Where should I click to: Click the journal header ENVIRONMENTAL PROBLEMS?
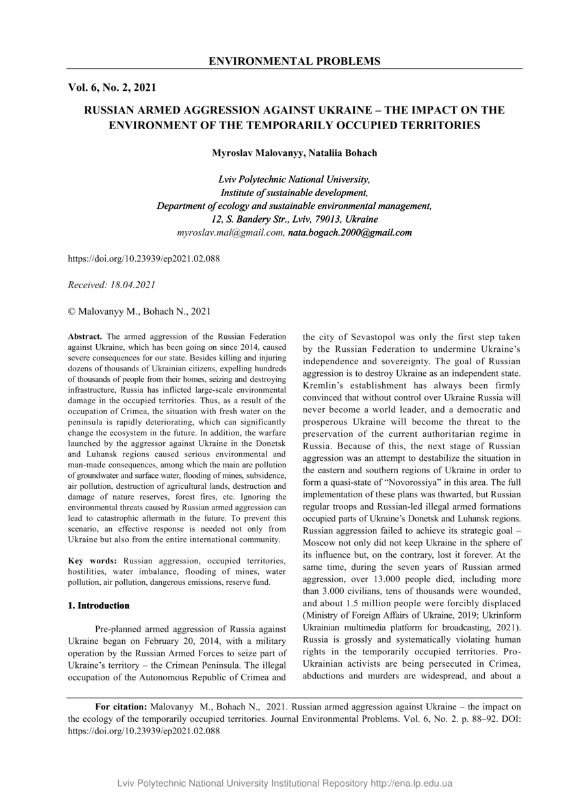pyautogui.click(x=294, y=61)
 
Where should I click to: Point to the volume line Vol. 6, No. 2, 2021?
pyautogui.click(x=112, y=87)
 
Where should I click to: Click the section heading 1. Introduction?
pyautogui.click(x=99, y=606)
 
